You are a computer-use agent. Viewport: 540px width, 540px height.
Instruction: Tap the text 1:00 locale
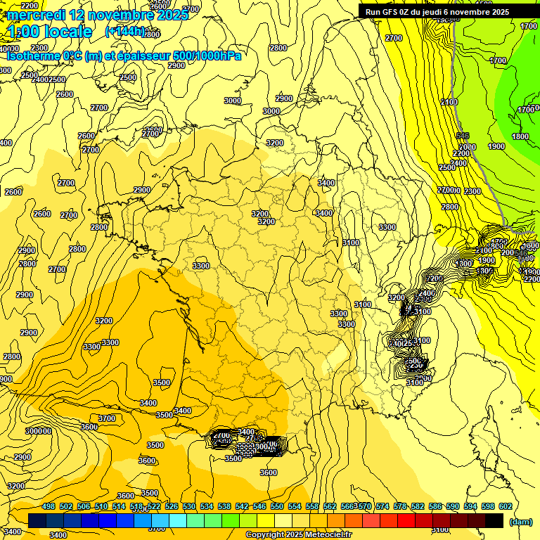tap(50, 32)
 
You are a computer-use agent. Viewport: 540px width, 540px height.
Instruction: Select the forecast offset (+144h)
tap(125, 32)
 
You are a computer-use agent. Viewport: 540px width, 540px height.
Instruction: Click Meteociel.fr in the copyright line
tap(316, 535)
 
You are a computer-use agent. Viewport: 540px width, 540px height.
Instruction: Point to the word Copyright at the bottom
tap(264, 535)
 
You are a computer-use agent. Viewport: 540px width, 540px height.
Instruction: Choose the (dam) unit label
tap(520, 521)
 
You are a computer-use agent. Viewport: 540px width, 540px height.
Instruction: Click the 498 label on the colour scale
tap(49, 506)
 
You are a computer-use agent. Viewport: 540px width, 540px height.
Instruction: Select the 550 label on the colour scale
tap(277, 506)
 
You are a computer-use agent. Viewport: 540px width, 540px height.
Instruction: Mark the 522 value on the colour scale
tap(154, 506)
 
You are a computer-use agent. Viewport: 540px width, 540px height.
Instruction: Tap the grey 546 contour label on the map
tap(462, 136)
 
